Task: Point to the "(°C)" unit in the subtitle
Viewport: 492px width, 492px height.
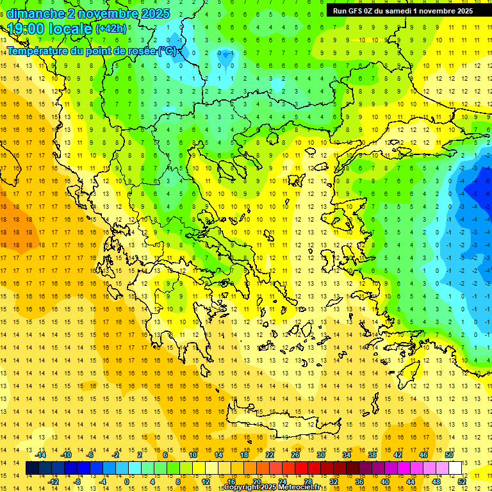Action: tap(168, 51)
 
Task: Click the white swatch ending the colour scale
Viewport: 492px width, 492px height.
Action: tap(455, 468)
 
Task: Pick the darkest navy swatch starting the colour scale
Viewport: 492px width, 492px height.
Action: tap(33, 468)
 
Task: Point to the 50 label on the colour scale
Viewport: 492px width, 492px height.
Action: tap(449, 455)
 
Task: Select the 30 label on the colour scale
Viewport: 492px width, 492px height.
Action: tap(321, 455)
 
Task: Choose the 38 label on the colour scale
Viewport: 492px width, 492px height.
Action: tap(372, 455)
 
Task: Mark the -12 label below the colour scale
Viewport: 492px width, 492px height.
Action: tap(53, 482)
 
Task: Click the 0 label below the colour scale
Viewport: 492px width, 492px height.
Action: tap(126, 482)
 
